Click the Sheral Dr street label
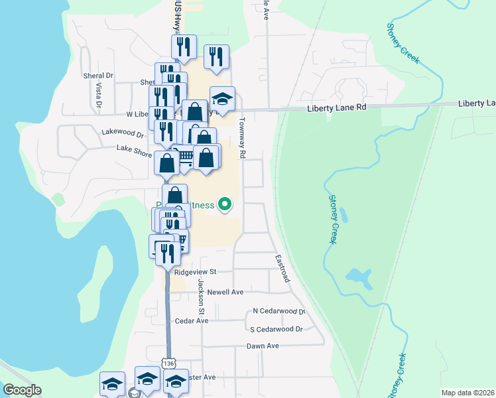point(99,76)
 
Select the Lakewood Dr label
point(123,133)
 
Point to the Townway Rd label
point(243,137)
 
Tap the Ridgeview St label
point(195,272)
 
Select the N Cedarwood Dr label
point(279,311)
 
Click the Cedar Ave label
point(191,320)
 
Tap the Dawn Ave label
point(263,346)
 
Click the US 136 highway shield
point(167,364)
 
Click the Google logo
point(22,390)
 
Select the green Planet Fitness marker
point(225,204)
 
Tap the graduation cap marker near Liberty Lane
point(223,99)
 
